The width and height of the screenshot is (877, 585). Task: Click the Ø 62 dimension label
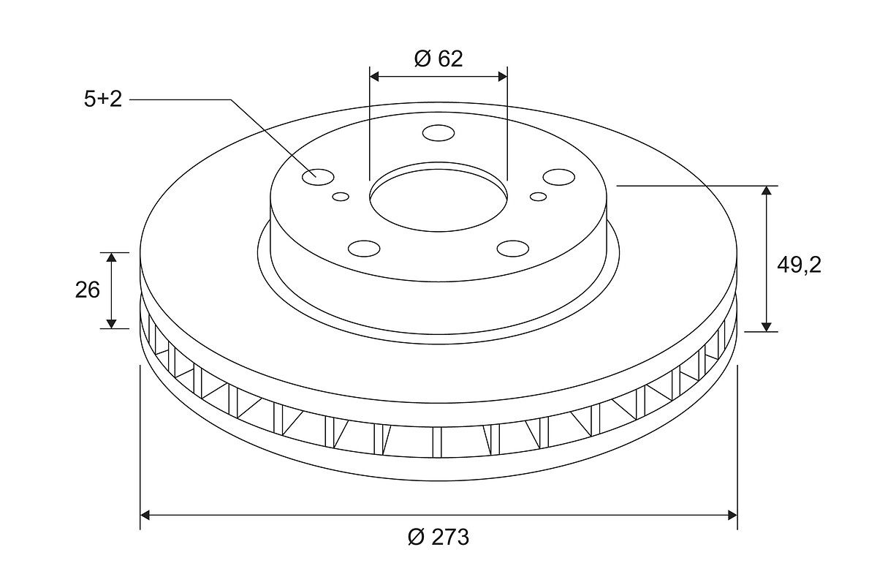tap(438, 58)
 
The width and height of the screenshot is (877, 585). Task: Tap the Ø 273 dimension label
tap(438, 537)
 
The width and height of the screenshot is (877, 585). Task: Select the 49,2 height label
tap(799, 265)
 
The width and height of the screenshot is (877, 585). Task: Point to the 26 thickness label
tap(87, 290)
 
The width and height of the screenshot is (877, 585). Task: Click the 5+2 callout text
tap(103, 99)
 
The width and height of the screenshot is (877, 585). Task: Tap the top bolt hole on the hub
tap(438, 133)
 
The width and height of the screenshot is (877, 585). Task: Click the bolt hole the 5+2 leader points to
tap(318, 177)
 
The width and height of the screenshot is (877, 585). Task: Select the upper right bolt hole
tap(559, 177)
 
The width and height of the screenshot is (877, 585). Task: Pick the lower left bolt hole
tap(364, 249)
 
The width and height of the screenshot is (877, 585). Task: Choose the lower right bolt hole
tap(513, 249)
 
